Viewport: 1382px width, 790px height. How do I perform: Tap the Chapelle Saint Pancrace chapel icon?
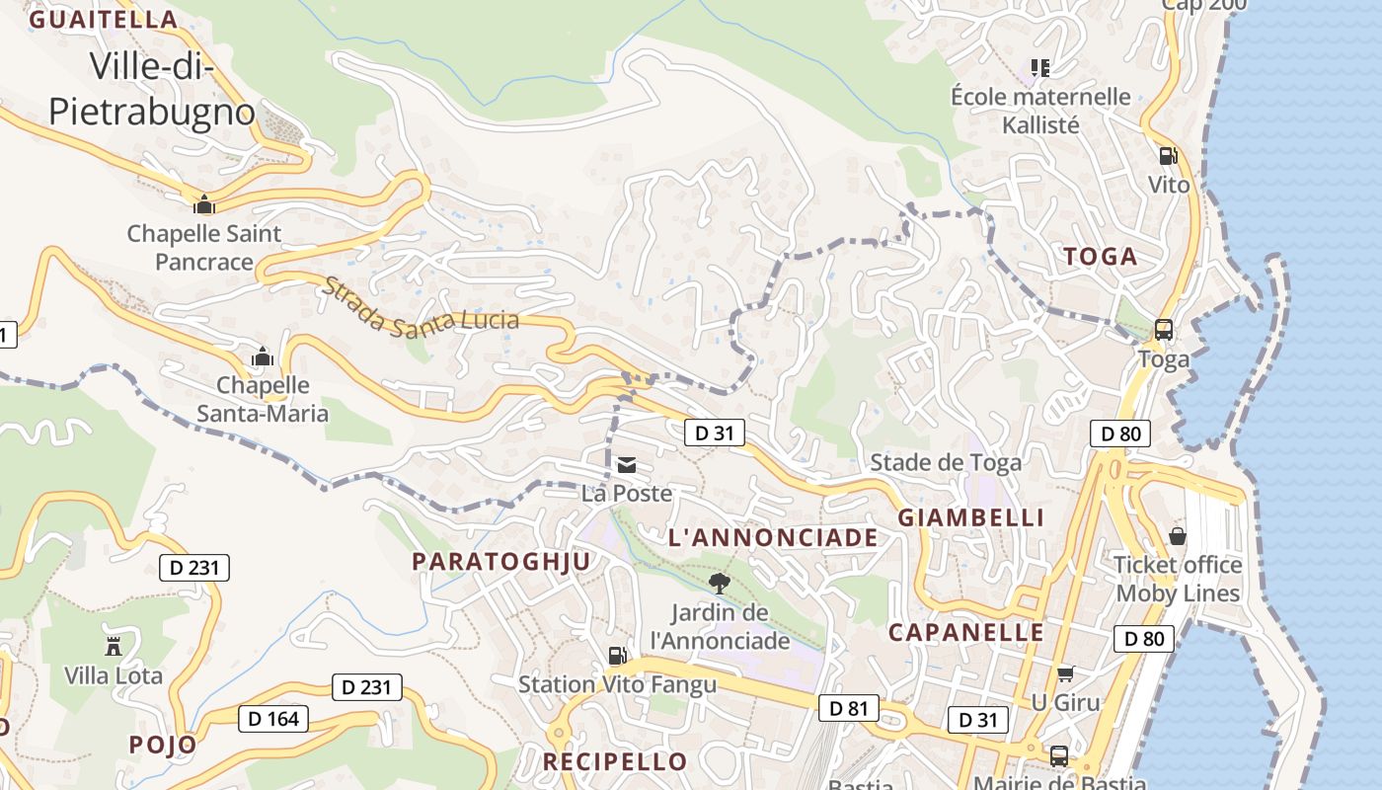coord(204,204)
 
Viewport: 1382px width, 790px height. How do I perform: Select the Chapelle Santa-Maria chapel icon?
coord(263,356)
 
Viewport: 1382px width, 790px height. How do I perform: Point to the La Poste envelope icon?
coord(626,465)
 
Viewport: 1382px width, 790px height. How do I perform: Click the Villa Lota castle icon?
coord(114,647)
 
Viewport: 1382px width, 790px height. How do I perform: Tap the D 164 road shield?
coord(273,719)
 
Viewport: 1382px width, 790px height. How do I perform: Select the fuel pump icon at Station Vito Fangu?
coord(617,655)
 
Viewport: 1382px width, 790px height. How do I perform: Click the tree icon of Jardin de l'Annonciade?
coord(720,583)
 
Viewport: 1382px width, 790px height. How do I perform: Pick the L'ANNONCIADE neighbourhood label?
coord(773,538)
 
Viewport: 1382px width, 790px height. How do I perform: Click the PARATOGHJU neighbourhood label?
coord(501,562)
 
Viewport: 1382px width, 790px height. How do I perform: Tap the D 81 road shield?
coord(848,708)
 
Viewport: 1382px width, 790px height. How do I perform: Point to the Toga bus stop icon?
coord(1164,330)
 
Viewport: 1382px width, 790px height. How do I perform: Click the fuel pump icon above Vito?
coord(1168,155)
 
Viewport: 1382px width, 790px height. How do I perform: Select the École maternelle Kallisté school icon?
coord(1039,67)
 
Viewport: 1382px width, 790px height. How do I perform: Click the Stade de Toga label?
coord(945,462)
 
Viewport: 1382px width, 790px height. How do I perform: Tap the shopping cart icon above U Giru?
coord(1065,674)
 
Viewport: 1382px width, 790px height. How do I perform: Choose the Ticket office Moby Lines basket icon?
coord(1178,536)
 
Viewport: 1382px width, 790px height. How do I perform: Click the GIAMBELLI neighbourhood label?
coord(970,518)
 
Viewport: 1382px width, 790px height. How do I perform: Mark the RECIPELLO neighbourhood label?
coord(615,761)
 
